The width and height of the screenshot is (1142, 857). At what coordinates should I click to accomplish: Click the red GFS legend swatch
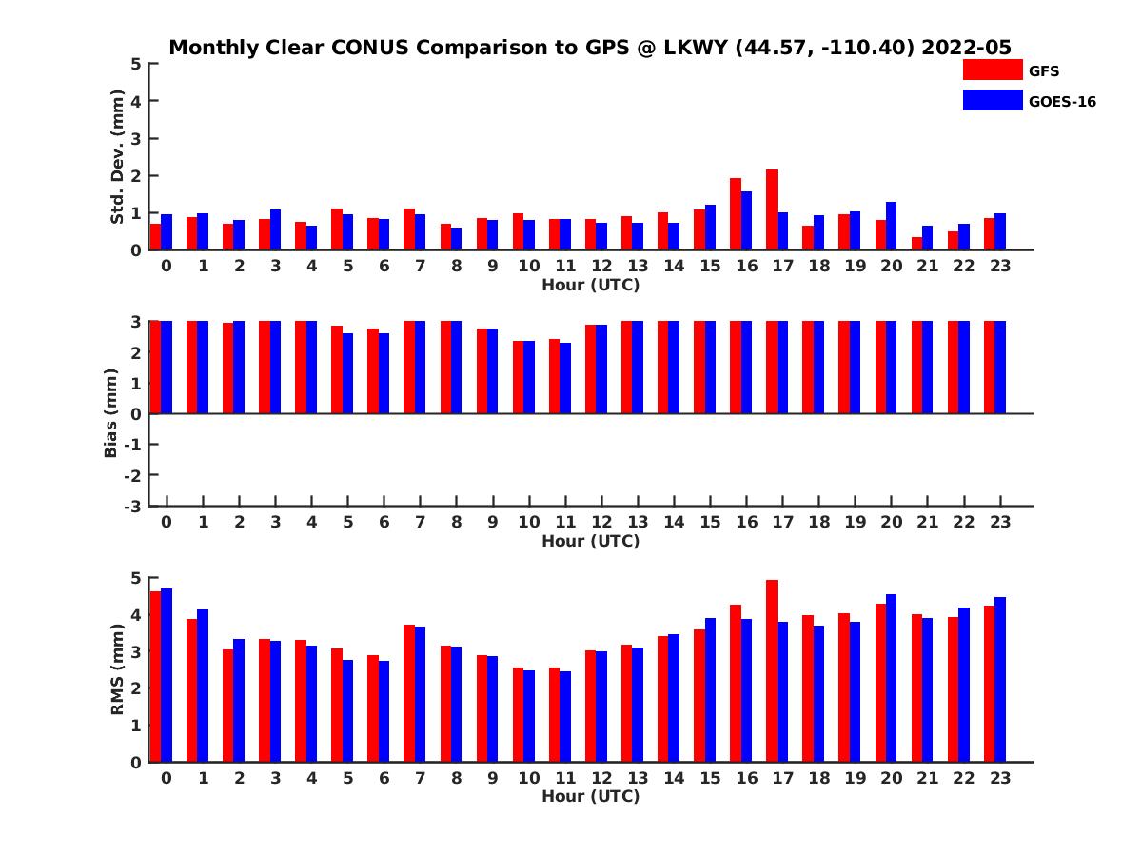(992, 70)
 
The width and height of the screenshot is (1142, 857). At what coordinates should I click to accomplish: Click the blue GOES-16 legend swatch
(992, 100)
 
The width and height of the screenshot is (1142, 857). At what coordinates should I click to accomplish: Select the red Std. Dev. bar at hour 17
(772, 209)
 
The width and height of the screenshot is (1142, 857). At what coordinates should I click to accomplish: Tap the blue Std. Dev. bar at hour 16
(746, 221)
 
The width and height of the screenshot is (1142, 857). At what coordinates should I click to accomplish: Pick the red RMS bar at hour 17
(772, 670)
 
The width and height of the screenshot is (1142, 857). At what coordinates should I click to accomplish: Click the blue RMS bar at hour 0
(167, 675)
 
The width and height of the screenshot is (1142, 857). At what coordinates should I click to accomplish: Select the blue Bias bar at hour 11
(565, 378)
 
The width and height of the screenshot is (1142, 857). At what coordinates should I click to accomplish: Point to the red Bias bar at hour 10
(519, 377)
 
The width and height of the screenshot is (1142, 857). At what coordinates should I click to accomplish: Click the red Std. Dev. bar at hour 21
(917, 244)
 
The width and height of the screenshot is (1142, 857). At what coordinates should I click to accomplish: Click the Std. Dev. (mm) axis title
(117, 157)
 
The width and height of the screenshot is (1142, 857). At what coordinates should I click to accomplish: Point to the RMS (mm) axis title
(117, 669)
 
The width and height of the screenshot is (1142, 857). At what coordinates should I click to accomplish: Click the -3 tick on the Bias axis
(134, 506)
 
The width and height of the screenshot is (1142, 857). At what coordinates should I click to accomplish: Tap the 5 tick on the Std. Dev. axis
(137, 64)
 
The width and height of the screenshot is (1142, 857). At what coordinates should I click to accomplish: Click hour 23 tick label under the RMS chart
(1000, 777)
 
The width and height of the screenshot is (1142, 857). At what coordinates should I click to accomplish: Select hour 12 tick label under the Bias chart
(601, 522)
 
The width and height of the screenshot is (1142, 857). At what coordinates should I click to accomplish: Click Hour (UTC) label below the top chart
(590, 284)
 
